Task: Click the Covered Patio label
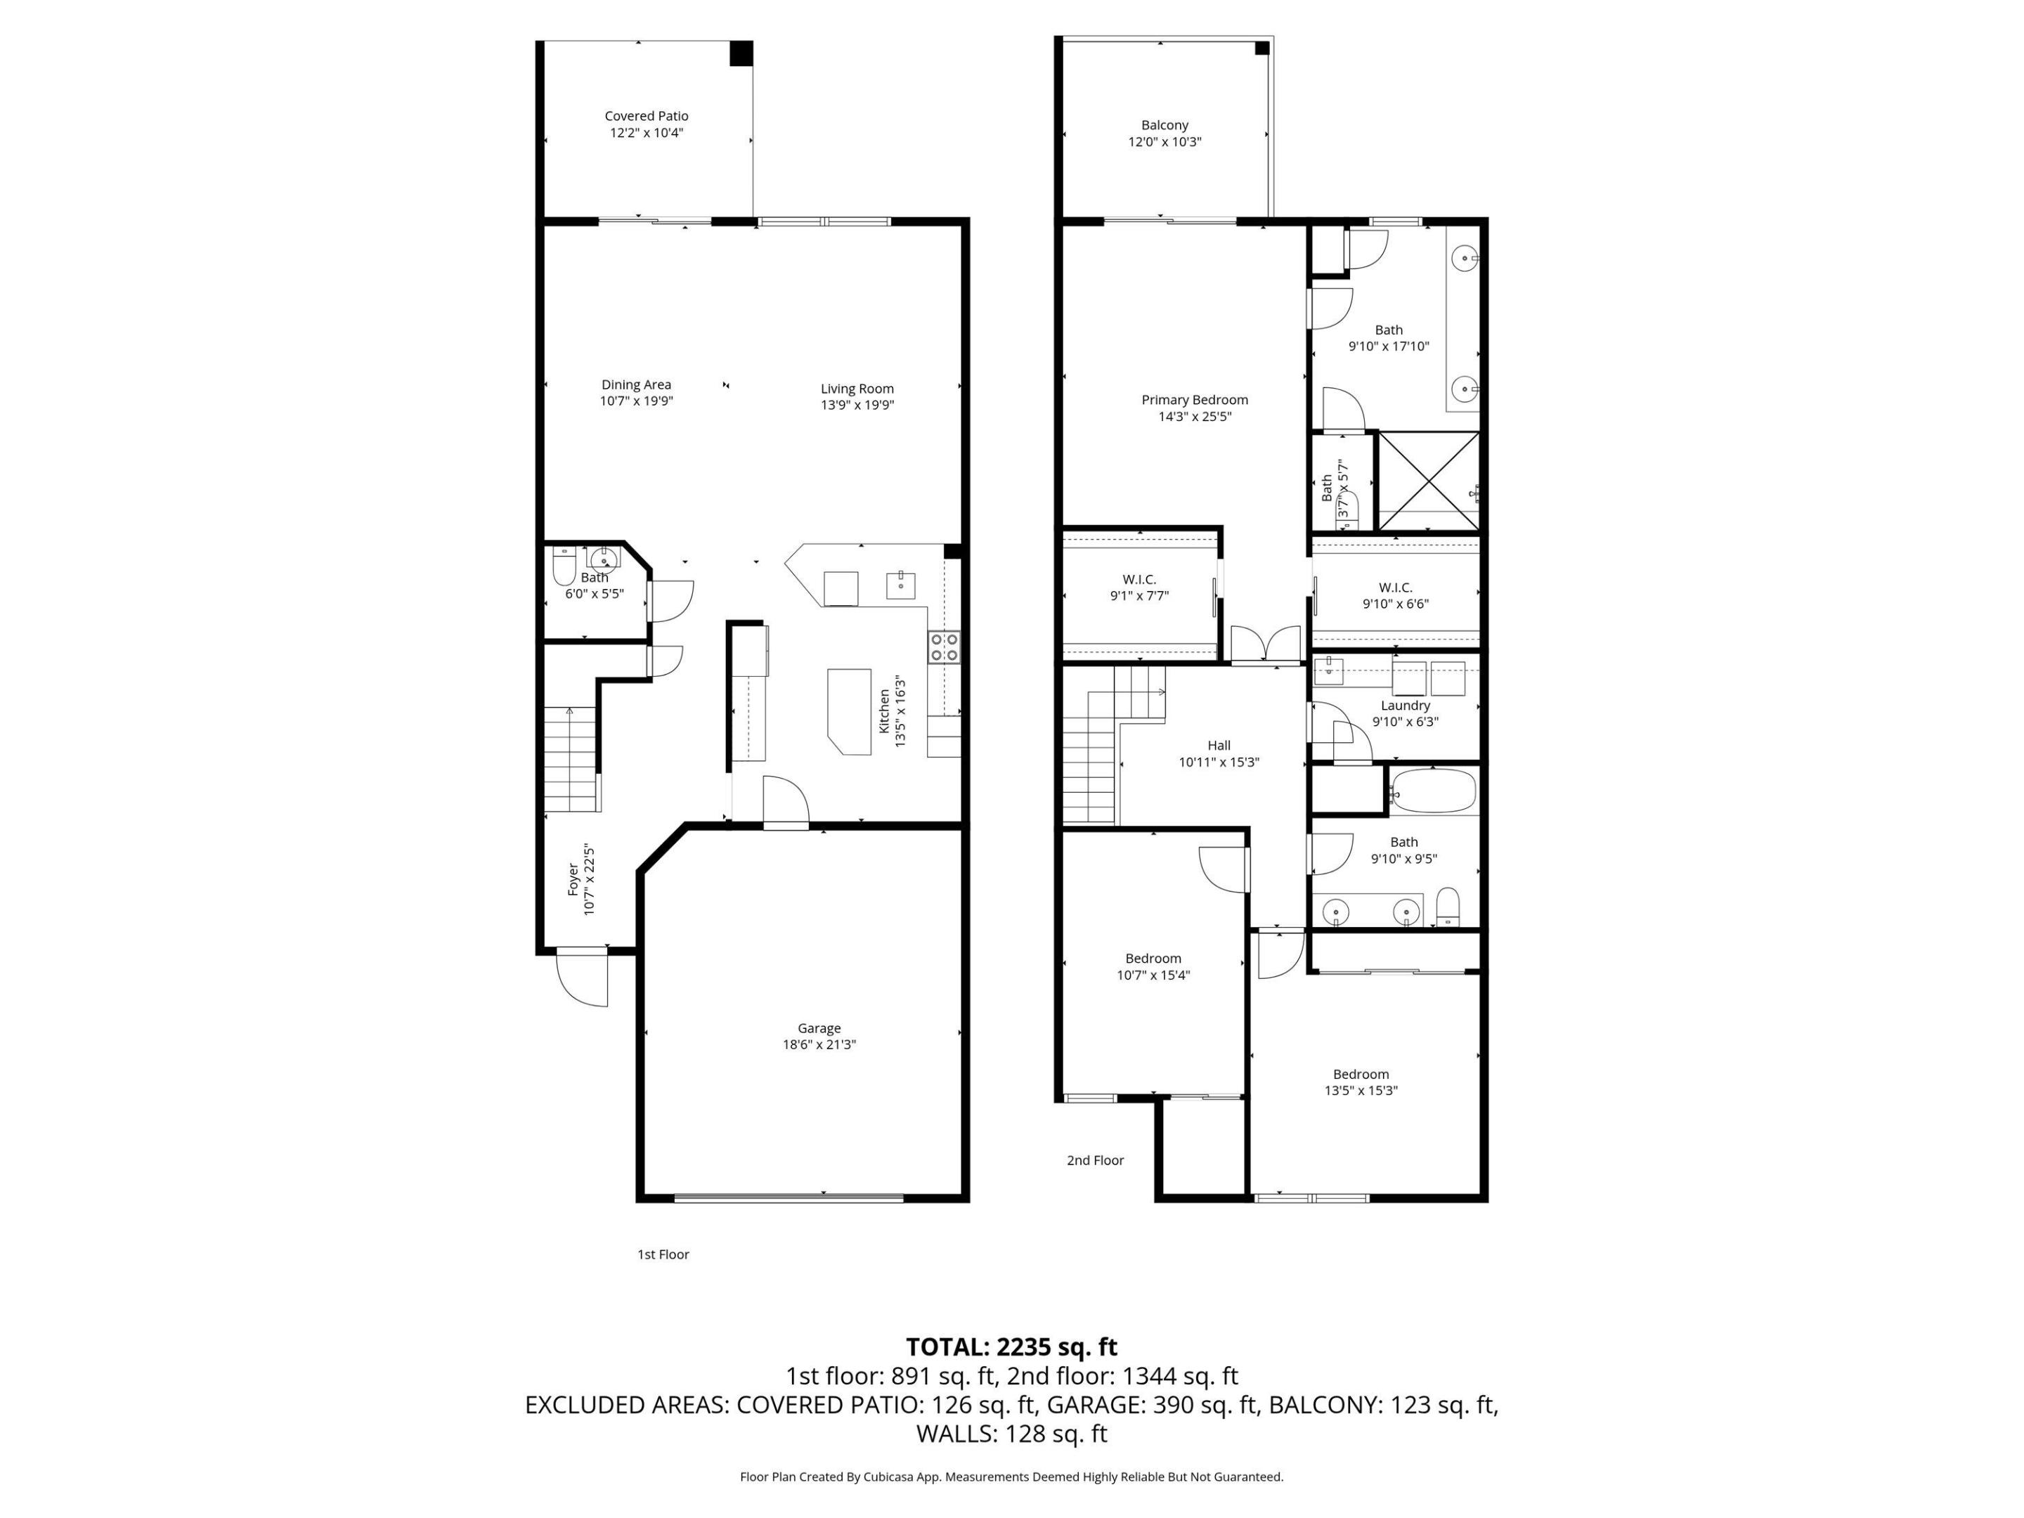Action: pyautogui.click(x=646, y=116)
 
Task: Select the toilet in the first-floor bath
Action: pyautogui.click(x=564, y=569)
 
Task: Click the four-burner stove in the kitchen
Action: pyautogui.click(x=943, y=647)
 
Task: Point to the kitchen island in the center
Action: pyautogui.click(x=849, y=711)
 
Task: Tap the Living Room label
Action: pyautogui.click(x=857, y=389)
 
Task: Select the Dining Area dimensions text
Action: pyautogui.click(x=636, y=401)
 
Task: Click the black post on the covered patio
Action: pyautogui.click(x=740, y=53)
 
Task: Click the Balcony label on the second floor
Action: pyautogui.click(x=1164, y=125)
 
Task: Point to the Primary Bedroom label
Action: pyautogui.click(x=1194, y=400)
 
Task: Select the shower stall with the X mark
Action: pyautogui.click(x=1427, y=481)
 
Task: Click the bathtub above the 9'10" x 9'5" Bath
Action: pyautogui.click(x=1433, y=791)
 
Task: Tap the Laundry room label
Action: pyautogui.click(x=1405, y=706)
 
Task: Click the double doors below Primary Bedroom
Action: pyautogui.click(x=1266, y=644)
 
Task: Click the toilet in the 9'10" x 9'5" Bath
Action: pyautogui.click(x=1448, y=907)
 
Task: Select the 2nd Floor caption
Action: pyautogui.click(x=1094, y=1160)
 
